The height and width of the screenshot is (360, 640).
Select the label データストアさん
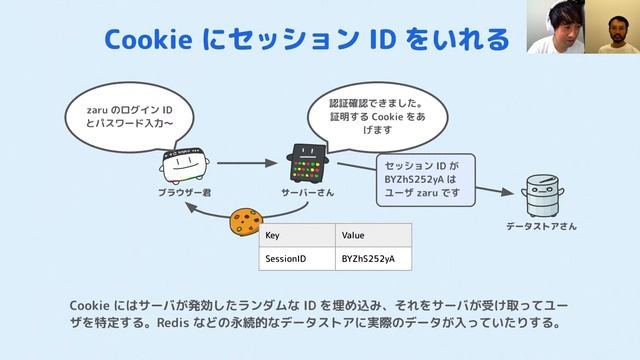540,227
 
